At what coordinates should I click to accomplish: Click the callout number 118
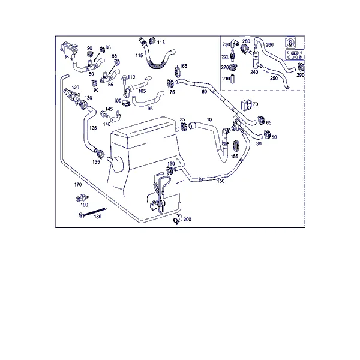161,42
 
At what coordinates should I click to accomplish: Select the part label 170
78,185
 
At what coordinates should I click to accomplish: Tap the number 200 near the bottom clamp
187,219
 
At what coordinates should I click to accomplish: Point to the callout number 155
235,156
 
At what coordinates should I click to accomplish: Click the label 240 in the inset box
254,72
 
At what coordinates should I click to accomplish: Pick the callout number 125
93,128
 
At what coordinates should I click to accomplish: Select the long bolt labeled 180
92,212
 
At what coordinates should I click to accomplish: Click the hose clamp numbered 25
184,126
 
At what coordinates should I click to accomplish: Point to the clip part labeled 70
246,105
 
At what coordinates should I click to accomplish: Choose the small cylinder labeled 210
232,79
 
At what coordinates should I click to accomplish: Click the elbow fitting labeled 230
235,43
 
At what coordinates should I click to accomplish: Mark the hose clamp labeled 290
301,67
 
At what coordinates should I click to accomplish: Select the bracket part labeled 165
178,71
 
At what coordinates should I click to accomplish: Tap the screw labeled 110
125,79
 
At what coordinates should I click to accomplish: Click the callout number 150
221,181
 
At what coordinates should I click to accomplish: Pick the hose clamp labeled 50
267,135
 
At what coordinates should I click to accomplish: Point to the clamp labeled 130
83,104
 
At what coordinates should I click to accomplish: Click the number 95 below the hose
150,109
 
